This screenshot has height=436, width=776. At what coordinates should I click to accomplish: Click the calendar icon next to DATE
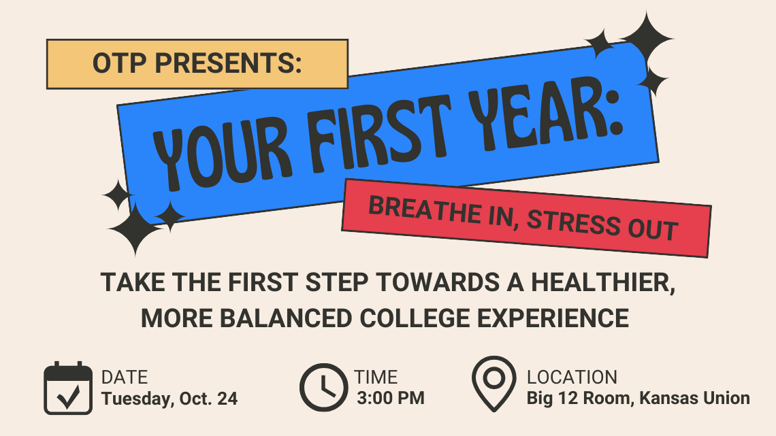coord(68,388)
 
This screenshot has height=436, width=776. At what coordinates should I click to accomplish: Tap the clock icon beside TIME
coord(323,388)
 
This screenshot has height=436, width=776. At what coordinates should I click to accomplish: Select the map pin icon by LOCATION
coord(494,384)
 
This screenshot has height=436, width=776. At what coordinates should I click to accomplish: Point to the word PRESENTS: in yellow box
coord(228,64)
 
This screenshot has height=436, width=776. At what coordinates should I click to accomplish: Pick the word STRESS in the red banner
coord(574,223)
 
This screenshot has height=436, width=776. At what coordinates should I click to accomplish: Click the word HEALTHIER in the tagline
coord(603,283)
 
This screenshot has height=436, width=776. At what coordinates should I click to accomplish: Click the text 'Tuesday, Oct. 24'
coord(169,399)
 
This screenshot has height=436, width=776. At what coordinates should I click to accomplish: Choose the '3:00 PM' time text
coord(391,398)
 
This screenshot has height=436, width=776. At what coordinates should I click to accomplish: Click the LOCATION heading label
coord(572,378)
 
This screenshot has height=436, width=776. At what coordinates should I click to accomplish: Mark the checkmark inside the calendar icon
coord(68,396)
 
